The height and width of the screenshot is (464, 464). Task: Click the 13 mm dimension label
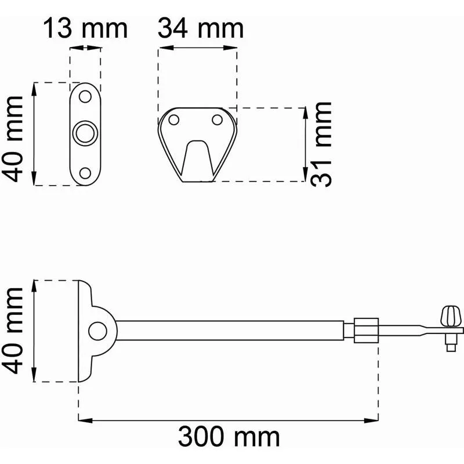[x=85, y=28]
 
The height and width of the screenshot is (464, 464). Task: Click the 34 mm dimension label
[x=201, y=28]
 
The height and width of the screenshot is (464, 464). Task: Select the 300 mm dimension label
[x=229, y=437]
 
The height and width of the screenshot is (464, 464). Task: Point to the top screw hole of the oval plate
[x=85, y=96]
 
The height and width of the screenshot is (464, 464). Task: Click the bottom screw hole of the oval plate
[x=85, y=173]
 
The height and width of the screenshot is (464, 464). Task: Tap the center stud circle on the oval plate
[x=85, y=133]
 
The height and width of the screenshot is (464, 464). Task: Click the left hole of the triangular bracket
[x=173, y=120]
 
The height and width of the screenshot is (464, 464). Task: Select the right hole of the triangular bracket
[x=217, y=120]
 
